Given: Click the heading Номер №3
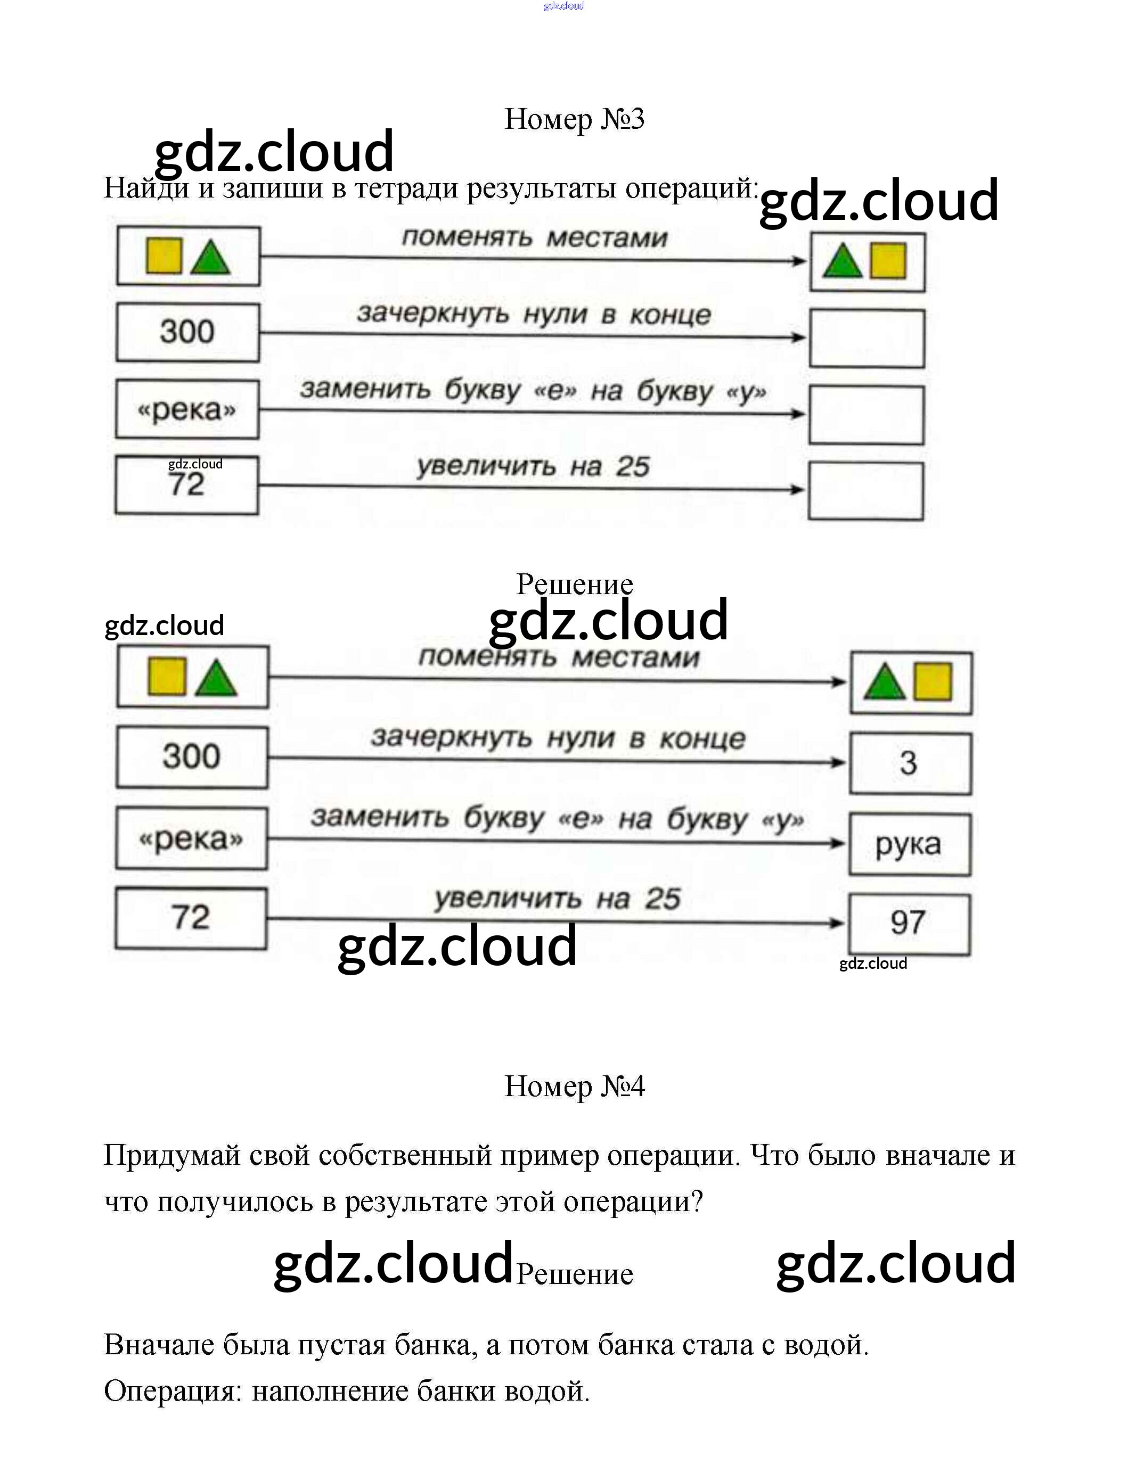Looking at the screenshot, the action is (574, 119).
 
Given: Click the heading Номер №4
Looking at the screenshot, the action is (574, 1086).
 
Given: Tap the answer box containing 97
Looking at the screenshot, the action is (909, 923).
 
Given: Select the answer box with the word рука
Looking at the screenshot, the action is (909, 844).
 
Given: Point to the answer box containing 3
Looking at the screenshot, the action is (909, 763).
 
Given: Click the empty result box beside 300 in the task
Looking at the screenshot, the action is (867, 338).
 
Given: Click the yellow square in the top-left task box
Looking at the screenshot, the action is (164, 256).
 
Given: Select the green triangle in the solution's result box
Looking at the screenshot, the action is (885, 683).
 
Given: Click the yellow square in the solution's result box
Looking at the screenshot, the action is (933, 681).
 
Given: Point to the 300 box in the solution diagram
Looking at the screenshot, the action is (191, 758).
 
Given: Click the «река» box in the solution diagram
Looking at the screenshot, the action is (191, 838).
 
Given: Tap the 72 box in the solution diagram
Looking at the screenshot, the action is (191, 918).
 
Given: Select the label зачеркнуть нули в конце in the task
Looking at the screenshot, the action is (534, 314).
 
